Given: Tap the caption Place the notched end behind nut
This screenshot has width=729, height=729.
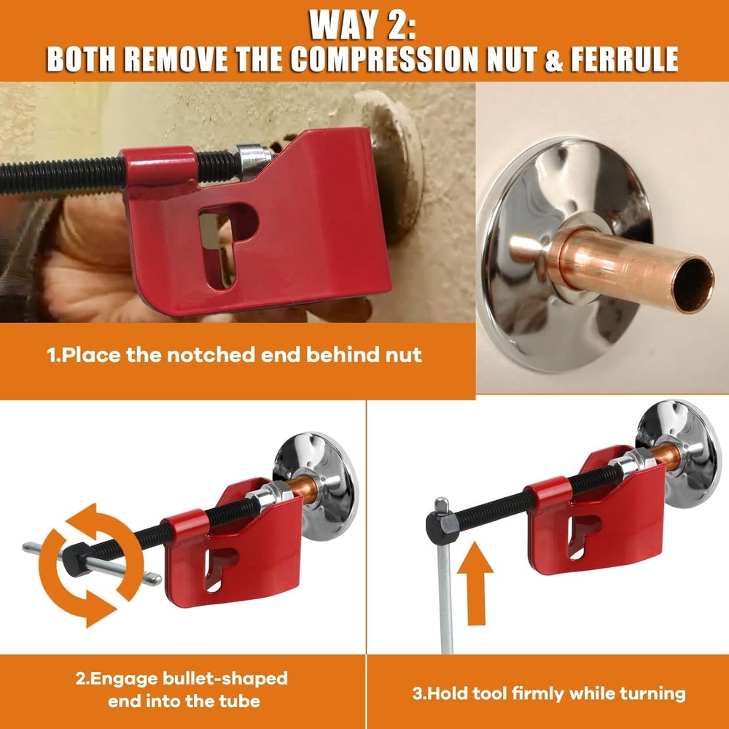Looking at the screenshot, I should coord(234,355).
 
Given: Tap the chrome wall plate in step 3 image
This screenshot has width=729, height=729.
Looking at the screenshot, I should coord(678,452).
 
